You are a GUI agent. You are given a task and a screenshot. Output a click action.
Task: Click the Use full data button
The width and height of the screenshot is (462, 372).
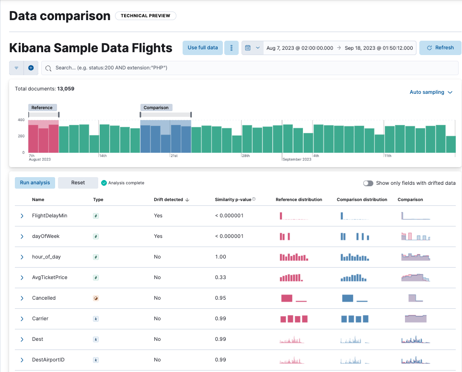202,48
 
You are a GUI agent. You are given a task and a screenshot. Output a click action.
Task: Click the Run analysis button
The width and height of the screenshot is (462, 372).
35,183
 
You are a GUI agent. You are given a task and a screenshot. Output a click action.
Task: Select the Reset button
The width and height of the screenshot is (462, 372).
78,183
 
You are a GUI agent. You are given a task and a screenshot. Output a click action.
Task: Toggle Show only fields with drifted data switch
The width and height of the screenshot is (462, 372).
368,183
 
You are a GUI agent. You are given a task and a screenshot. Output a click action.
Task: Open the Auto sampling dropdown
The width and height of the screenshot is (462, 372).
431,92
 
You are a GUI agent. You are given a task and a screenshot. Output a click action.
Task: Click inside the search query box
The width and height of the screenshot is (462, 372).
249,68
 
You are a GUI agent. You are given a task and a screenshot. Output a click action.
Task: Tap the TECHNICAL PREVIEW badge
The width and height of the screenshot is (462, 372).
146,16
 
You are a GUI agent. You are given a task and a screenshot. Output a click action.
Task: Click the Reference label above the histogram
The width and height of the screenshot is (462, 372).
42,108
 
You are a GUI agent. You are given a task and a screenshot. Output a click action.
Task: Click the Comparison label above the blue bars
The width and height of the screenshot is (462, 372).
156,108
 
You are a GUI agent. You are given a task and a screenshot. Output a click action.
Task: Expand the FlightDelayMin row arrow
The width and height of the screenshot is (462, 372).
22,216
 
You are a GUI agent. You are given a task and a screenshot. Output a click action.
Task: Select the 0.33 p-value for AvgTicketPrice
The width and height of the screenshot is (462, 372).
220,278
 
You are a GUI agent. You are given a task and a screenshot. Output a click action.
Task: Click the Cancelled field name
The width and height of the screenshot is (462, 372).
44,298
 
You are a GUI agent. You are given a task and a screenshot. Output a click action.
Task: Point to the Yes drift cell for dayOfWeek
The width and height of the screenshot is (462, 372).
158,237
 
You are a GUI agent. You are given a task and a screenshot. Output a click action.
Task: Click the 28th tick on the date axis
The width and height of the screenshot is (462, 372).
246,156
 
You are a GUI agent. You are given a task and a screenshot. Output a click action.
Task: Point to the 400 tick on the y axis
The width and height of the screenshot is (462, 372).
21,120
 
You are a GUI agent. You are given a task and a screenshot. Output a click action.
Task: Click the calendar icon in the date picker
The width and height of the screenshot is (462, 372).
248,48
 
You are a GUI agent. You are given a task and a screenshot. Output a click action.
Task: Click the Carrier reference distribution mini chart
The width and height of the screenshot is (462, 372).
293,319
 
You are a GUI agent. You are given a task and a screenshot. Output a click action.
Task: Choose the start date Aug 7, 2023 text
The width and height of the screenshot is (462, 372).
300,48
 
